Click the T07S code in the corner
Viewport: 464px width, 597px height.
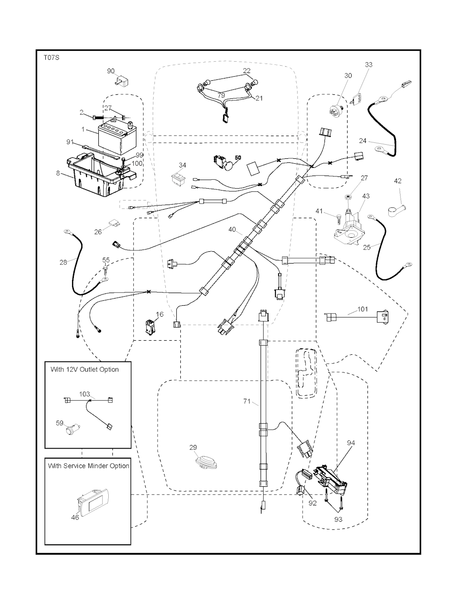[51, 58]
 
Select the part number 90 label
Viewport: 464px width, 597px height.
[111, 71]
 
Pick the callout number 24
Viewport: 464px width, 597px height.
[363, 141]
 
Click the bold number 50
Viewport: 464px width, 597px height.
[238, 157]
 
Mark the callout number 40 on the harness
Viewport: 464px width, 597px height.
[232, 230]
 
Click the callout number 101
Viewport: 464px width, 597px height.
[362, 310]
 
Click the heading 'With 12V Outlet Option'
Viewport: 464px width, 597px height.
[85, 369]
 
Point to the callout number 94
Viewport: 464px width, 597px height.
[351, 443]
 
